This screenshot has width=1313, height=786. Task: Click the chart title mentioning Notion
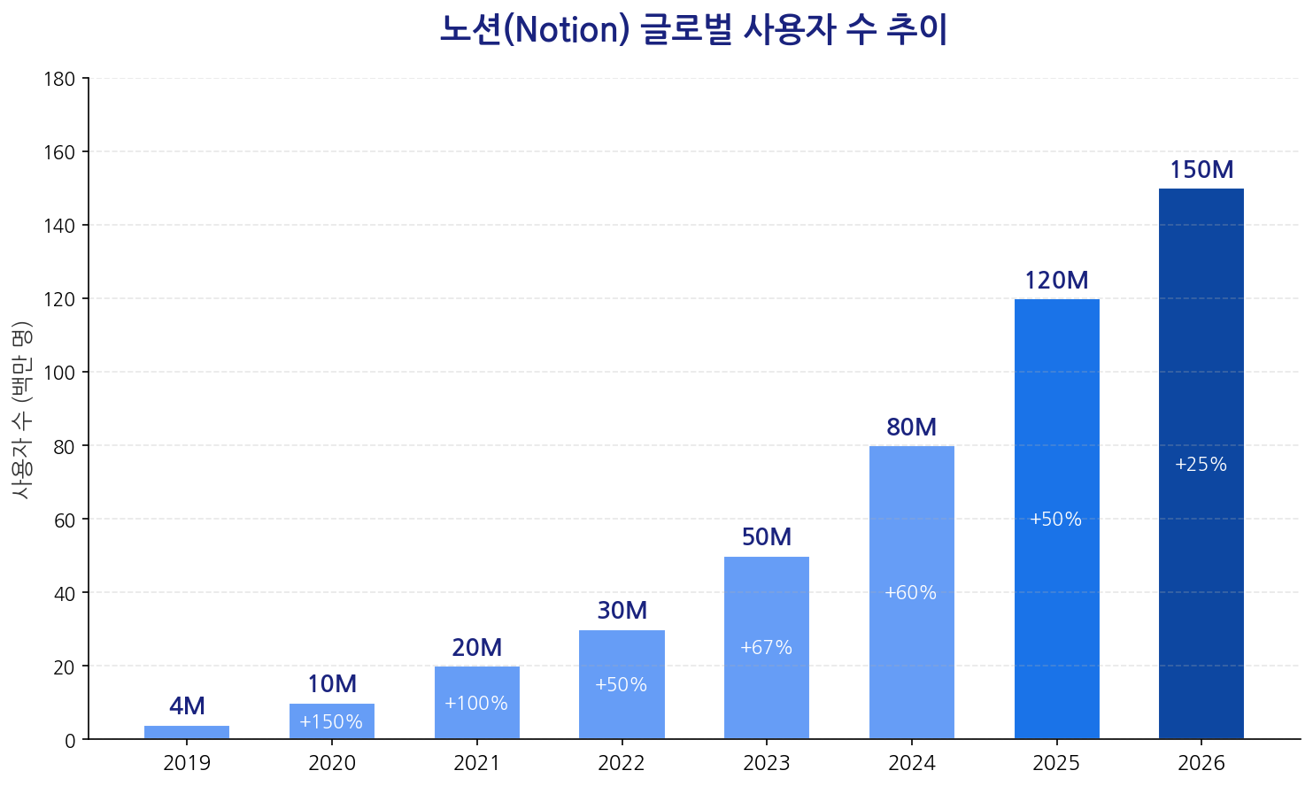(x=693, y=30)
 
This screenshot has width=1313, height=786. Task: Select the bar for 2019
(x=187, y=732)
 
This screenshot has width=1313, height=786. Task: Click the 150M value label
(x=1201, y=170)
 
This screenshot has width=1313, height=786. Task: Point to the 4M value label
(x=187, y=706)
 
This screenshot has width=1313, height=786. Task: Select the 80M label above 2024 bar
(x=911, y=428)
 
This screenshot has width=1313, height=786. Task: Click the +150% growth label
(x=331, y=722)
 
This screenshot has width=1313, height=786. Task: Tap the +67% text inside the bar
(x=766, y=648)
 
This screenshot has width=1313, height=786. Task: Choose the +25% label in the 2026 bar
(x=1201, y=465)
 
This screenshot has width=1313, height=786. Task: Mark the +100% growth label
(x=476, y=704)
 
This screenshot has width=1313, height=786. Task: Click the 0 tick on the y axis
(x=70, y=740)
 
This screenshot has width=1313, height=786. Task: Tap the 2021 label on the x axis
(x=476, y=763)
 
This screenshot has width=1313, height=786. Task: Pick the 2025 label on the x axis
(x=1056, y=763)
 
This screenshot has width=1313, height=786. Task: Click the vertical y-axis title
(x=21, y=409)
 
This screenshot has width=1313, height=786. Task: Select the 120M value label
(x=1056, y=281)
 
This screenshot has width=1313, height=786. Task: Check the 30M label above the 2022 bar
(x=622, y=611)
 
